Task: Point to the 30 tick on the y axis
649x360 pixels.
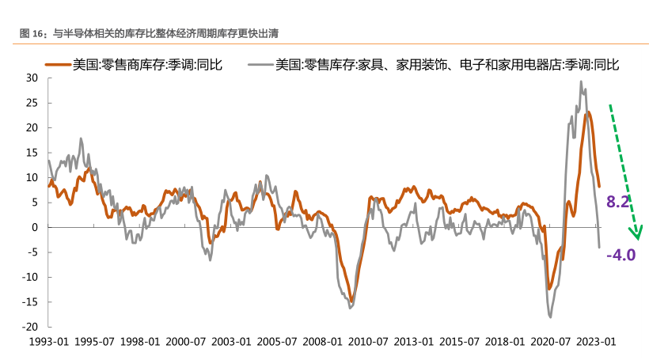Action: [32, 78]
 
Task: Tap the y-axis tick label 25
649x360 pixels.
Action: [32, 103]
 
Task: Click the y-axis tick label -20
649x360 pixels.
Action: [30, 327]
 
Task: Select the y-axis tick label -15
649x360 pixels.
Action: [30, 302]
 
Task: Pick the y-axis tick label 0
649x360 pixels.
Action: [35, 227]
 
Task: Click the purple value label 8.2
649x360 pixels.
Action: [617, 203]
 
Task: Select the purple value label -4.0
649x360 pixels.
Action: [621, 255]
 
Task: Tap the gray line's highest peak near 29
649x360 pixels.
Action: [581, 81]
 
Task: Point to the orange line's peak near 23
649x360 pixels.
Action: [588, 112]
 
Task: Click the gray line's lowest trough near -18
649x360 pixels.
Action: [550, 317]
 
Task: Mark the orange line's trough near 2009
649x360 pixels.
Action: [351, 298]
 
